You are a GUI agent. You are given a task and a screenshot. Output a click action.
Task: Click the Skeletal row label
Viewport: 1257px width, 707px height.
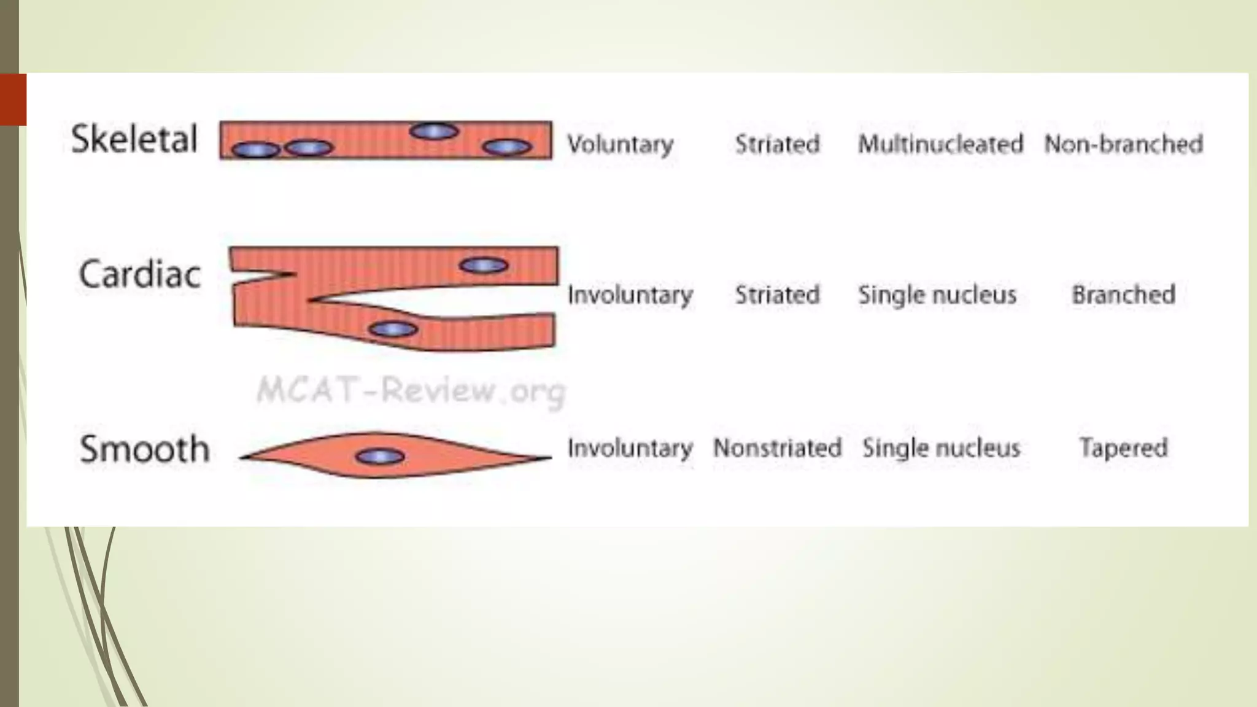tap(134, 139)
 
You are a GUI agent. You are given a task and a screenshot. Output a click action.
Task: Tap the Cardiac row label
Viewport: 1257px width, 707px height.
tap(139, 274)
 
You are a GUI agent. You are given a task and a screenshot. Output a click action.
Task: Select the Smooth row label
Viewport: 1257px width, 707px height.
tap(145, 449)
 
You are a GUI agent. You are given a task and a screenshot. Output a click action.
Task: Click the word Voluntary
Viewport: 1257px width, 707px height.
tap(620, 145)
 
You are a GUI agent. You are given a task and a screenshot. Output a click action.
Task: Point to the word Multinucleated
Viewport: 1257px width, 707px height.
tap(940, 144)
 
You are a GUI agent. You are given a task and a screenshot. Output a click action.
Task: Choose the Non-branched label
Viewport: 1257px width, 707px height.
tap(1123, 144)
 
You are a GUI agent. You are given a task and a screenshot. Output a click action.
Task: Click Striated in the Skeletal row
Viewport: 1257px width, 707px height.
tap(777, 144)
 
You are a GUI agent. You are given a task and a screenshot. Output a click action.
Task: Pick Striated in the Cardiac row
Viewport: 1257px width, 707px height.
tap(777, 295)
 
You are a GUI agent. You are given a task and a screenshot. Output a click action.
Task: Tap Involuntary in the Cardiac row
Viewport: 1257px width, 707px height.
tap(630, 295)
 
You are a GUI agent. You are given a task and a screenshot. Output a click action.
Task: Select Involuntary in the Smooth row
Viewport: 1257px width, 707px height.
tap(630, 448)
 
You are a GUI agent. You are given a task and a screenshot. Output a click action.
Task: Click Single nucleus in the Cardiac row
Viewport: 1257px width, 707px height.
tap(937, 295)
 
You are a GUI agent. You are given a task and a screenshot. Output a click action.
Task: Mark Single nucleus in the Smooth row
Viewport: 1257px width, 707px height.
tap(941, 448)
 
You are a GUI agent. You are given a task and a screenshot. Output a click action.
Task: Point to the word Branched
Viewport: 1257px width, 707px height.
tap(1123, 295)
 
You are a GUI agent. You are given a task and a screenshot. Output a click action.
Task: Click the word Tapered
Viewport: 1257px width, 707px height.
tap(1123, 448)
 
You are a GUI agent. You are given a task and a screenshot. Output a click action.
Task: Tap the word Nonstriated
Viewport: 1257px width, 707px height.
tap(777, 448)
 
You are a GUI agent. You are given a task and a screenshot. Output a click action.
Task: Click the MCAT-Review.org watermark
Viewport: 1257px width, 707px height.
tap(410, 390)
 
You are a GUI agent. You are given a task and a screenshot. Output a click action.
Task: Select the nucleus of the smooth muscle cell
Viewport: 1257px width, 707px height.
tap(380, 457)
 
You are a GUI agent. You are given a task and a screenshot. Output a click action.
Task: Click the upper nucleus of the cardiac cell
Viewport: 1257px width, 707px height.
tap(484, 265)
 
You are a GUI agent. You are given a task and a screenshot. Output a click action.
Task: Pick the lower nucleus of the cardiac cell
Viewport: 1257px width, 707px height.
tap(393, 330)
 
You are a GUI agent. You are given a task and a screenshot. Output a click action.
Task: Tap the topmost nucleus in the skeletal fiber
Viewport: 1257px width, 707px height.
tap(434, 131)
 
